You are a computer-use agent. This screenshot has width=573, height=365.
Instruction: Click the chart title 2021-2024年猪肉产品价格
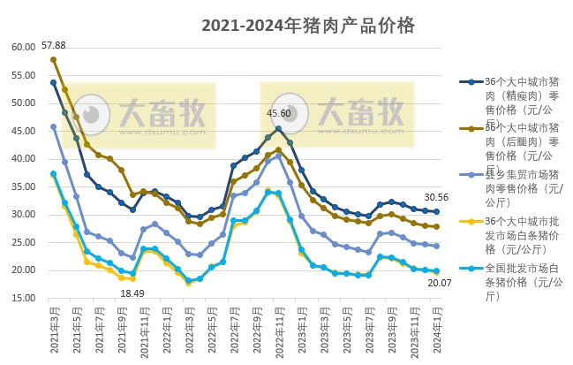[x=307, y=26]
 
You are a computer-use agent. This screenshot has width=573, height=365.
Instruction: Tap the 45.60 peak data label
[x=279, y=113]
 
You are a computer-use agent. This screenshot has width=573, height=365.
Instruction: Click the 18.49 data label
[x=132, y=293]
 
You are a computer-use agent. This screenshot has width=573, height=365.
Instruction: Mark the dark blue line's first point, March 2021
[x=53, y=82]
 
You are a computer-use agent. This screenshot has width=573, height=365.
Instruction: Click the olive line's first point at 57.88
[x=53, y=59]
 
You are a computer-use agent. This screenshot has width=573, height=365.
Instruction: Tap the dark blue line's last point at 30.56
[x=436, y=212]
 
